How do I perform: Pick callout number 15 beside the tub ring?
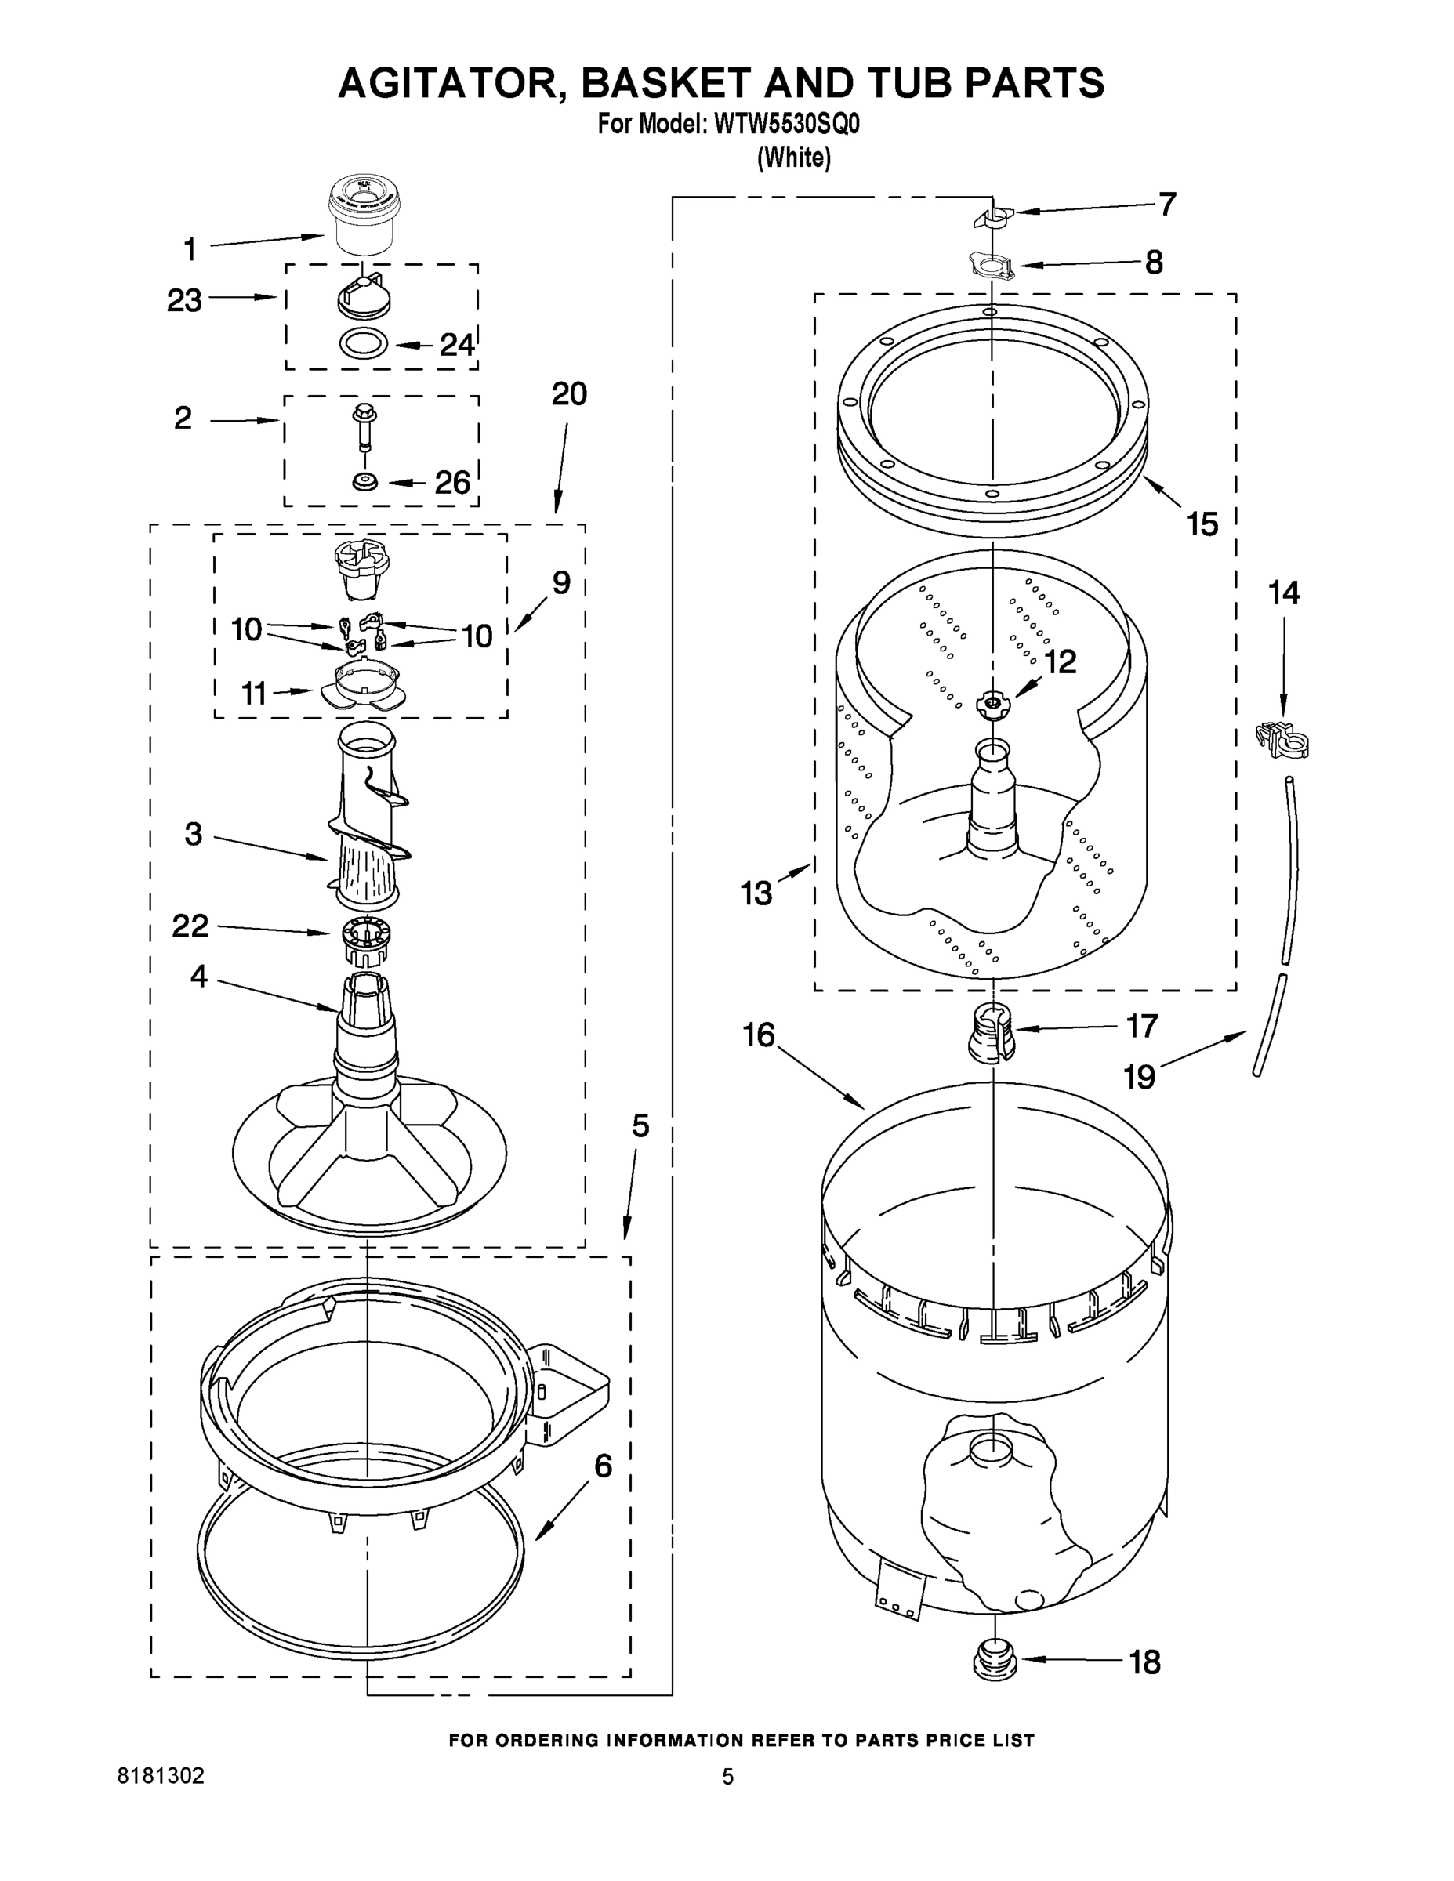coord(1202,524)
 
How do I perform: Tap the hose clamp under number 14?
coord(1282,738)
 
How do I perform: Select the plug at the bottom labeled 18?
coord(994,1660)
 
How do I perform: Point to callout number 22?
coord(190,926)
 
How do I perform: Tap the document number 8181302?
coord(161,1776)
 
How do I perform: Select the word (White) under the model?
coord(793,158)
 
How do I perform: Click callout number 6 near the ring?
coord(603,1465)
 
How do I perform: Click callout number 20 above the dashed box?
coord(568,393)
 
